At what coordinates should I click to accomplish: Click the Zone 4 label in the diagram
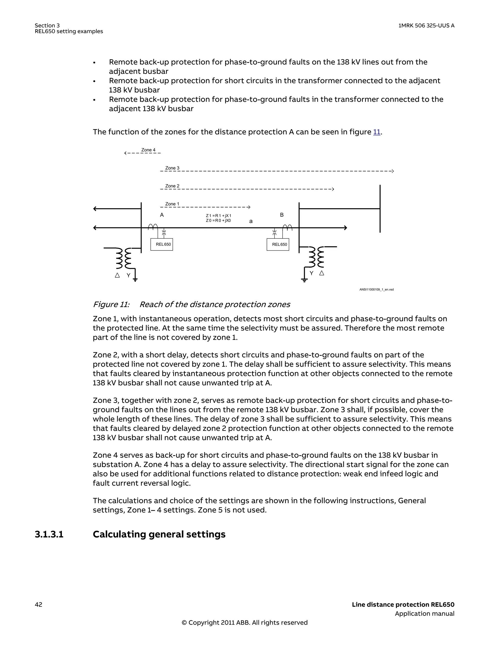coord(148,150)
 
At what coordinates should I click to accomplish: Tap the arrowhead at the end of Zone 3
coord(392,171)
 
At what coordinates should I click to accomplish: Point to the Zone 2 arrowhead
coord(333,189)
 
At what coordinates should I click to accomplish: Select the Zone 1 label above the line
coord(172,204)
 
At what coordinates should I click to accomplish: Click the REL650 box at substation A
coord(162,244)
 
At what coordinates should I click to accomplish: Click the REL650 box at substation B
coord(278,244)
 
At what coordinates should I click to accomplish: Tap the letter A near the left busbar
coord(162,215)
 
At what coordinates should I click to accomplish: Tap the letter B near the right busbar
coord(282,215)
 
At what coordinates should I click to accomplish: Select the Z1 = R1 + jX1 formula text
coord(218,216)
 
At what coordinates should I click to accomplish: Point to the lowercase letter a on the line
coord(251,221)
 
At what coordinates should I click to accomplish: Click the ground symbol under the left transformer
coord(135,279)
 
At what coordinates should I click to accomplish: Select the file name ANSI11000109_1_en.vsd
coord(376,289)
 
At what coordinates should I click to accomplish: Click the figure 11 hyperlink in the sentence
coord(376,132)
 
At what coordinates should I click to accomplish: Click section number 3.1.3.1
coord(49,534)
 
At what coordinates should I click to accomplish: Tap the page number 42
coord(38,604)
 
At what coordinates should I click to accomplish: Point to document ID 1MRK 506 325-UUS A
coord(426,25)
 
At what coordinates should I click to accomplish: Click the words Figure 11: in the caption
coord(111,304)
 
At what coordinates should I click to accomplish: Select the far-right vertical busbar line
coord(380,209)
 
